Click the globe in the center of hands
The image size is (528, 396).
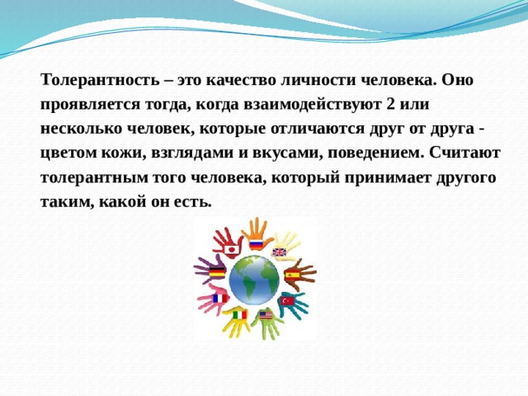(x=255, y=279)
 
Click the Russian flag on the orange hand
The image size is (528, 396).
(x=256, y=243)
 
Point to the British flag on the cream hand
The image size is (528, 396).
(x=279, y=252)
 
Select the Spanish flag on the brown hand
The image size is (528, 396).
(x=291, y=274)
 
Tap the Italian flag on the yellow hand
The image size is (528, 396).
(x=239, y=315)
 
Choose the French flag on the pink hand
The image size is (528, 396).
(x=219, y=298)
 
